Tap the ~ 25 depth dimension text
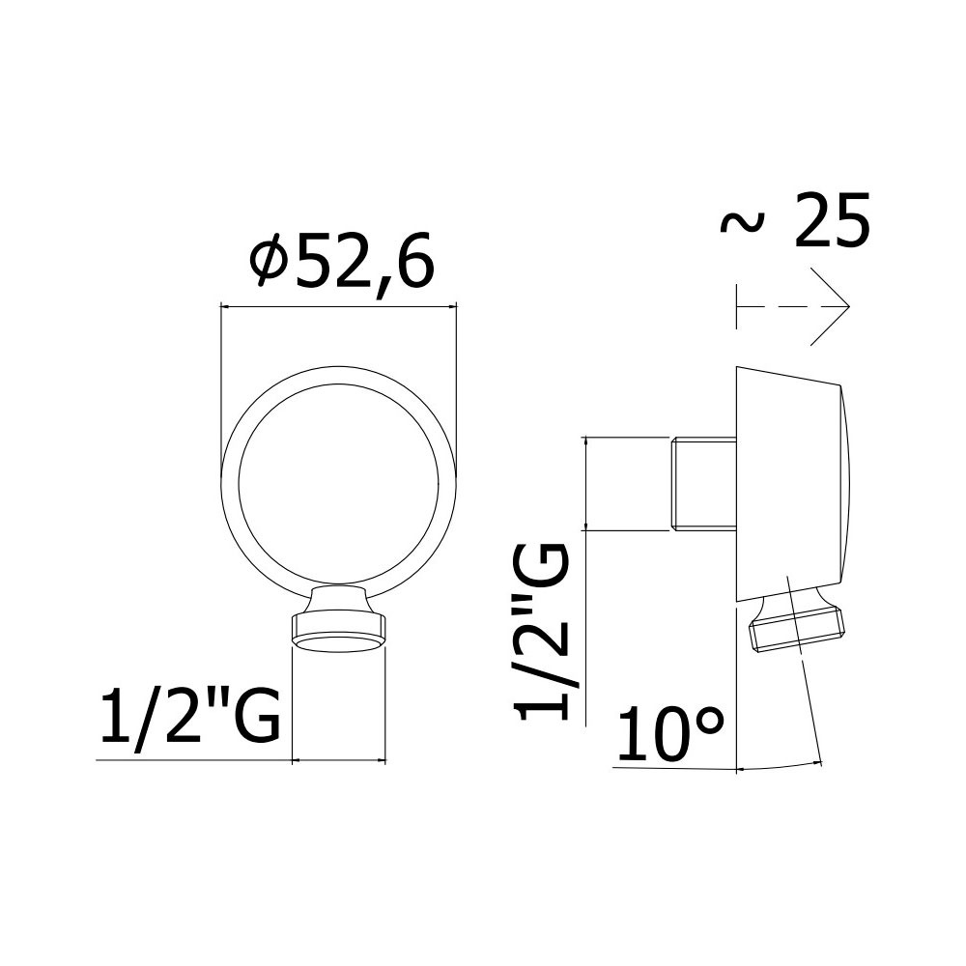point(795,220)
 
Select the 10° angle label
point(669,734)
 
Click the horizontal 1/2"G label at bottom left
point(190,719)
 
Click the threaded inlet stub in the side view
point(703,483)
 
